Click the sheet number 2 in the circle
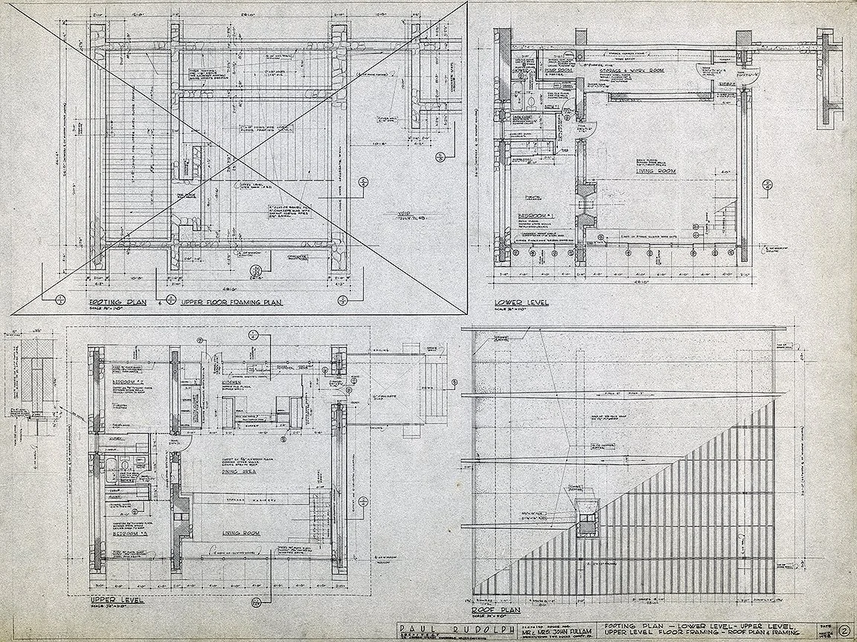(843, 628)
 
